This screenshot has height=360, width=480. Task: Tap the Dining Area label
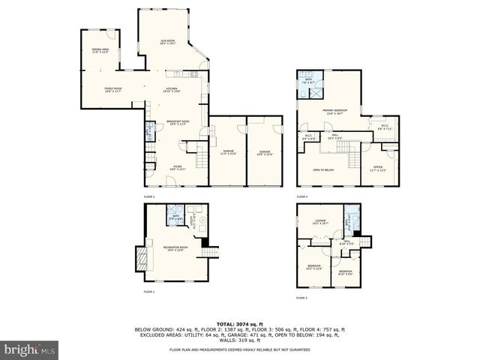(100, 52)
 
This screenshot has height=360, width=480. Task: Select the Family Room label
(112, 90)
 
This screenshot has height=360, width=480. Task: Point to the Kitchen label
(172, 90)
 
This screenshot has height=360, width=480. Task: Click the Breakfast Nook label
(178, 122)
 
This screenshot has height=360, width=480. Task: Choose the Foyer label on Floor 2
(177, 167)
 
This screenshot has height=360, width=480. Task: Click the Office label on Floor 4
(379, 168)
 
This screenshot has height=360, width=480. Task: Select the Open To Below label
(323, 170)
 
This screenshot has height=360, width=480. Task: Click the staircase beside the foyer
(200, 158)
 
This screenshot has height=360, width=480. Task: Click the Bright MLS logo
(29, 350)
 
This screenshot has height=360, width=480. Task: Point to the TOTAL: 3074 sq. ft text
(239, 323)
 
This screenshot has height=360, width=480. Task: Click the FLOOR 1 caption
(148, 291)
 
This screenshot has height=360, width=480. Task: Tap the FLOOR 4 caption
(301, 196)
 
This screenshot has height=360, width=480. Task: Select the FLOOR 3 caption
(301, 298)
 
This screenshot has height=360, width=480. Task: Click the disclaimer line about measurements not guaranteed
(239, 349)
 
